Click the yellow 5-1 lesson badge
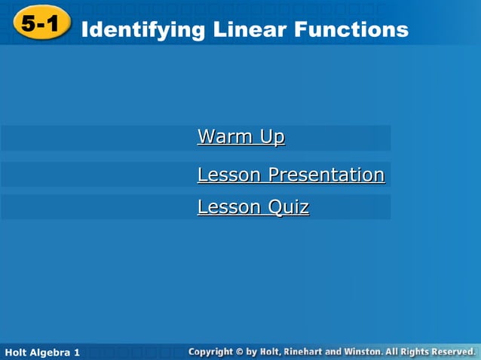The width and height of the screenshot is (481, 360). pyautogui.click(x=39, y=24)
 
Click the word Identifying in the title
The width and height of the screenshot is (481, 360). pyautogui.click(x=142, y=30)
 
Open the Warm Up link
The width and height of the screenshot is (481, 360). pyautogui.click(x=240, y=137)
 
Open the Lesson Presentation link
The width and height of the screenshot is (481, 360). pyautogui.click(x=290, y=175)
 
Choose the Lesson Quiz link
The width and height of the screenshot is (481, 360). pyautogui.click(x=253, y=207)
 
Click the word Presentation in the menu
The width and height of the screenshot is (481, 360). pyautogui.click(x=326, y=175)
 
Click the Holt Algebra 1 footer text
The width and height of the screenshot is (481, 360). pyautogui.click(x=41, y=352)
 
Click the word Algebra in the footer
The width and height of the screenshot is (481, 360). pyautogui.click(x=49, y=352)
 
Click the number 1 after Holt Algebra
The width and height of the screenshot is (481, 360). pyautogui.click(x=77, y=352)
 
